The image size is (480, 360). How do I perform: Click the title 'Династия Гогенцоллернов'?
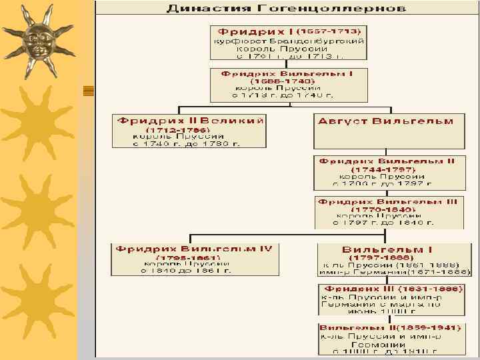[285, 9]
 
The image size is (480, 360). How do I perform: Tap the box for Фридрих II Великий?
[189, 131]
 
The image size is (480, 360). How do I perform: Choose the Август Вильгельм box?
[389, 131]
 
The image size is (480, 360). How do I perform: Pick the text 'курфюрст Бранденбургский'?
[288, 41]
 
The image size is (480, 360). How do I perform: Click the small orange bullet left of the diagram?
[87, 91]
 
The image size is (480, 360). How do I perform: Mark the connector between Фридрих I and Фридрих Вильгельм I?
[287, 65]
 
